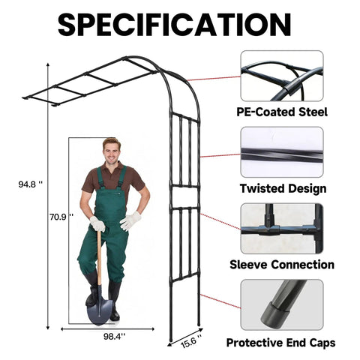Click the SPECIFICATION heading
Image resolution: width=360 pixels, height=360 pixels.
pyautogui.click(x=175, y=25)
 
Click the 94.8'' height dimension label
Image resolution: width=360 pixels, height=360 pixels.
pyautogui.click(x=31, y=184)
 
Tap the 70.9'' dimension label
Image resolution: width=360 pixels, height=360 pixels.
pyautogui.click(x=61, y=217)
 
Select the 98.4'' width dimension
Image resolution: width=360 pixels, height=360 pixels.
pyautogui.click(x=114, y=337)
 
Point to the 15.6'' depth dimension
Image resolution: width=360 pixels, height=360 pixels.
pyautogui.click(x=191, y=342)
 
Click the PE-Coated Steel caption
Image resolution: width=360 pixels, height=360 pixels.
pyautogui.click(x=282, y=112)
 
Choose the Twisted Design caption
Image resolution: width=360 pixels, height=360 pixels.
pyautogui.click(x=283, y=188)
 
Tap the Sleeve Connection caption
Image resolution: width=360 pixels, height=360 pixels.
pyautogui.click(x=282, y=265)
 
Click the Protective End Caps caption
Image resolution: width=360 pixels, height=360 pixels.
pyautogui.click(x=280, y=343)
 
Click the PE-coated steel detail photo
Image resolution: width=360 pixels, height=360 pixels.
pyautogui.click(x=282, y=76)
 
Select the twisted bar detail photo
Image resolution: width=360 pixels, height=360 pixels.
pyautogui.click(x=282, y=152)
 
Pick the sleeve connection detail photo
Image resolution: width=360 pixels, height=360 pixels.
pyautogui.click(x=282, y=229)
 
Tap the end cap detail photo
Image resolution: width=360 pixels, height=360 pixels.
pyautogui.click(x=282, y=304)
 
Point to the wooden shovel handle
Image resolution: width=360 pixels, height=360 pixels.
pyautogui.click(x=99, y=257)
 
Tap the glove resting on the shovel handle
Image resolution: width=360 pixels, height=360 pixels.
pyautogui.click(x=97, y=223)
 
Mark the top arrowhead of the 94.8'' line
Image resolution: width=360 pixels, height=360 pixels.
pyautogui.click(x=48, y=65)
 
